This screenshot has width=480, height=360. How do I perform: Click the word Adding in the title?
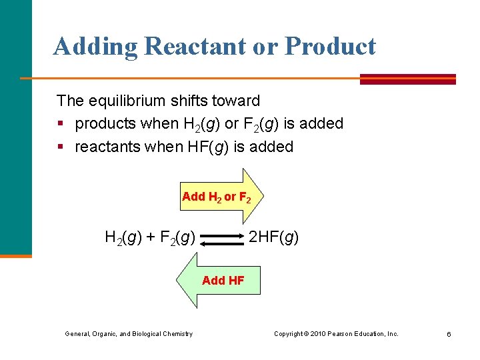(x=95, y=47)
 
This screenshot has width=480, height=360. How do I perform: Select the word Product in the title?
(x=330, y=47)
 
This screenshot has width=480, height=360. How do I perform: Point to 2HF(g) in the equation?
(x=273, y=237)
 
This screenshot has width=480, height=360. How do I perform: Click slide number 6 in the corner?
(x=449, y=334)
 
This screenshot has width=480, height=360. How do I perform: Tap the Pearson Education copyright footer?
(x=336, y=333)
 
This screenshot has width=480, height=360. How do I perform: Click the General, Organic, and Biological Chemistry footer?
(x=128, y=333)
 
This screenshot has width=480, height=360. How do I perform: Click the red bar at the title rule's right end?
(x=407, y=79)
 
